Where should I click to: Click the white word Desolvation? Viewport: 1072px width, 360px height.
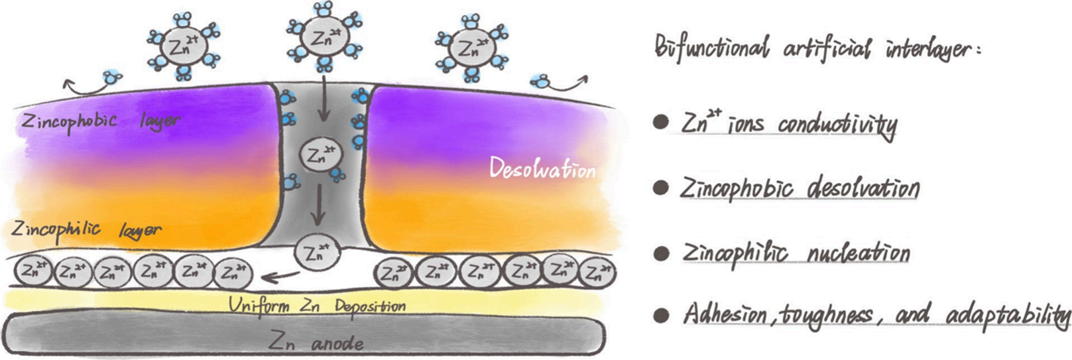(x=542, y=169)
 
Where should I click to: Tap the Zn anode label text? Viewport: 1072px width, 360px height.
(x=316, y=342)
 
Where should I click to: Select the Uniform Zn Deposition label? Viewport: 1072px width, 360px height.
(x=317, y=306)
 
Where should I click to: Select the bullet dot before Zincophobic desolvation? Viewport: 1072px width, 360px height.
(x=660, y=189)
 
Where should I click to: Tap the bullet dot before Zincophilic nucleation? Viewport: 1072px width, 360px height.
(x=660, y=253)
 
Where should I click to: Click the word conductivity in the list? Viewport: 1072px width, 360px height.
(x=837, y=125)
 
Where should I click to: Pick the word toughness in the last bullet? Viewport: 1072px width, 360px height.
(x=828, y=314)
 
